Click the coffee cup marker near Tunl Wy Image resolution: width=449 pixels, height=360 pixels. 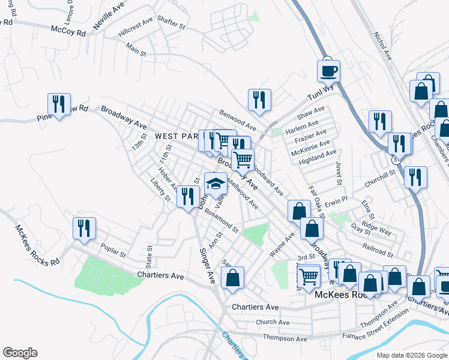coord(328,71)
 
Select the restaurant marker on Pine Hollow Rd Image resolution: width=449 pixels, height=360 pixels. coord(59,104)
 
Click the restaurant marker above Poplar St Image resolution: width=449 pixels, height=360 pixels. coord(84,229)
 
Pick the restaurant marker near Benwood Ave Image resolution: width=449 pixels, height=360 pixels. coord(259,100)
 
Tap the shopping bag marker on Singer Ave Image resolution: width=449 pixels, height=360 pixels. coord(232,278)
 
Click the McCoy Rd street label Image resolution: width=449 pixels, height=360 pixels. coord(68,30)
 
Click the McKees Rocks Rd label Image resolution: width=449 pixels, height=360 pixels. coord(38,245)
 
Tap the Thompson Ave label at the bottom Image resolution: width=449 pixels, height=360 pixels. coord(285,339)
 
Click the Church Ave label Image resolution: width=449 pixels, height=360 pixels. coord(273,322)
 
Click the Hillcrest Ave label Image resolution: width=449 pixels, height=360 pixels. coord(136,29)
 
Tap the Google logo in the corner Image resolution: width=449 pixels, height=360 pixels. coord(20,353)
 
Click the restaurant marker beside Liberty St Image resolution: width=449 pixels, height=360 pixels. coord(188,196)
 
